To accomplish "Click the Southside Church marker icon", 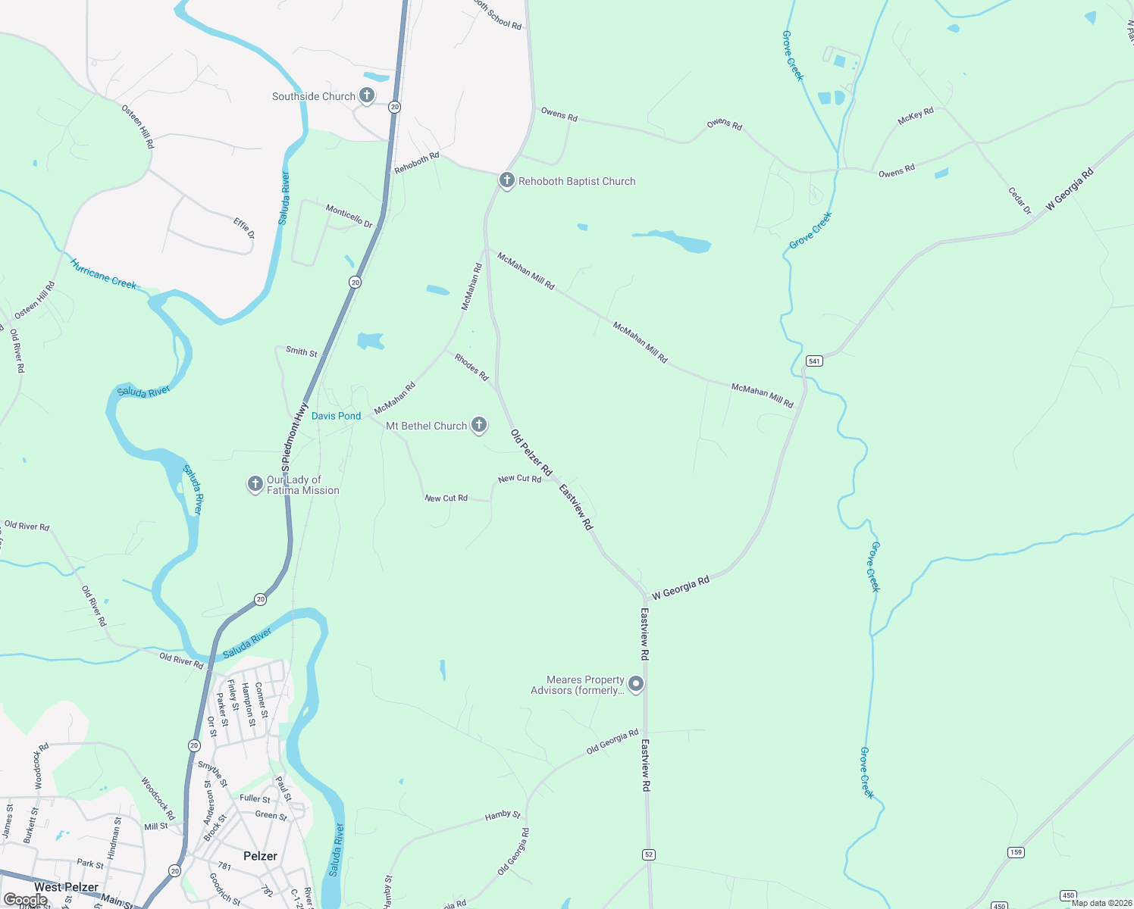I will [367, 95].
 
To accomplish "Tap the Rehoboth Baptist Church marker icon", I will [507, 180].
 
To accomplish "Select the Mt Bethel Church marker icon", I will [479, 425].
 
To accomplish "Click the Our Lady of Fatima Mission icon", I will [255, 483].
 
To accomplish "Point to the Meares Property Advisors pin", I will [637, 684].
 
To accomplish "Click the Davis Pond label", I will [336, 416].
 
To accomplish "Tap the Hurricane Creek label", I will [103, 274].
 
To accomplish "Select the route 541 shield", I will [814, 361].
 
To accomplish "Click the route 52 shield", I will [648, 854].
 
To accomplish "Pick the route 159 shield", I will [1017, 853].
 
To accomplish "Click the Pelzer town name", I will [260, 856].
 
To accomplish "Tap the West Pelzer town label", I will [66, 887].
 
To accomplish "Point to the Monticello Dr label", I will [349, 216].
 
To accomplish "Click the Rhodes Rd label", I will [471, 367].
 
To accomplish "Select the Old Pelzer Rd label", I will [531, 452].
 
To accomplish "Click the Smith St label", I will [301, 351].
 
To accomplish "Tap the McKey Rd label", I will [916, 117].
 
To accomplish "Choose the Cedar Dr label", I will [1020, 201].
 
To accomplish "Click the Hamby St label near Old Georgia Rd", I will [503, 816].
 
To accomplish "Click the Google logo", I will [25, 899].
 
